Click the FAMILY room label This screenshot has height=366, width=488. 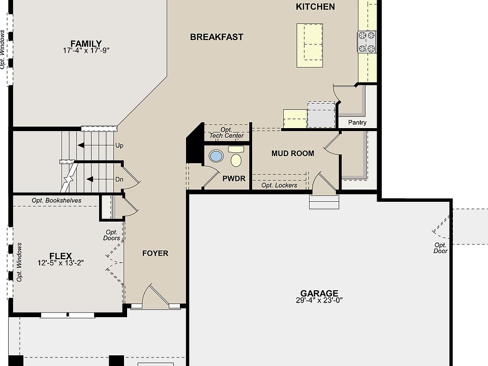pyautogui.click(x=86, y=44)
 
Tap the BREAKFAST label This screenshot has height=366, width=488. pyautogui.click(x=217, y=37)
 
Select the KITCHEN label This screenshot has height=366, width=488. pyautogui.click(x=315, y=7)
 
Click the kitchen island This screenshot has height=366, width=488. pyautogui.click(x=310, y=45)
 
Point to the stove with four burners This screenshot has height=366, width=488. pyautogui.click(x=367, y=42)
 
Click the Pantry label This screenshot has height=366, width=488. pyautogui.click(x=357, y=123)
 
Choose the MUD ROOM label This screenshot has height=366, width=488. pyautogui.click(x=293, y=154)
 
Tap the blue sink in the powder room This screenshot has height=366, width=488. pyautogui.click(x=216, y=156)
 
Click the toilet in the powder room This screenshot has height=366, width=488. pyautogui.click(x=236, y=157)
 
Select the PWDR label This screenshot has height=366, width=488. pyautogui.click(x=234, y=178)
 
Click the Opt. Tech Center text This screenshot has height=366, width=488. pyautogui.click(x=226, y=133)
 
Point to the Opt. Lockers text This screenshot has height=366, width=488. pyautogui.click(x=279, y=186)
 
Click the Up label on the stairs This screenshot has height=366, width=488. pyautogui.click(x=119, y=145)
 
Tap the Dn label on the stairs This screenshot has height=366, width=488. pyautogui.click(x=119, y=179)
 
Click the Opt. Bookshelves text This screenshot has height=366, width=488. pyautogui.click(x=56, y=200)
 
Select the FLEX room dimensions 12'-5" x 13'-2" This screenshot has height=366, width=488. pyautogui.click(x=60, y=263)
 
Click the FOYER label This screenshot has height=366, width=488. pyautogui.click(x=156, y=253)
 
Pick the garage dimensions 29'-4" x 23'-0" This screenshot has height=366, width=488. pyautogui.click(x=319, y=300)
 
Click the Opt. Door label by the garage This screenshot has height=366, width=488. pyautogui.click(x=440, y=248)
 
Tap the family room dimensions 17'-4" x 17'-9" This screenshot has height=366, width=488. pyautogui.click(x=86, y=50)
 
